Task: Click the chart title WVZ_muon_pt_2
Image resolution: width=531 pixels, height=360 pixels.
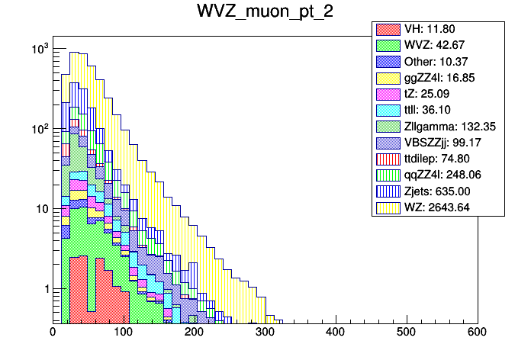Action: tap(265, 12)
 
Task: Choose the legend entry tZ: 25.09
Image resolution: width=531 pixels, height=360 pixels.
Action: tap(439, 100)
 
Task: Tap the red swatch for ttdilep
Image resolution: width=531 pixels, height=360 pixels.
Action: tap(388, 170)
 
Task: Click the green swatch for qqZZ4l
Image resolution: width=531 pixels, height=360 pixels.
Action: tap(388, 188)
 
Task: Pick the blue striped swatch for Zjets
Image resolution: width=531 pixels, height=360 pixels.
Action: tap(388, 205)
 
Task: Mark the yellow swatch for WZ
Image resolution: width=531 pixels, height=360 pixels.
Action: tap(388, 223)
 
